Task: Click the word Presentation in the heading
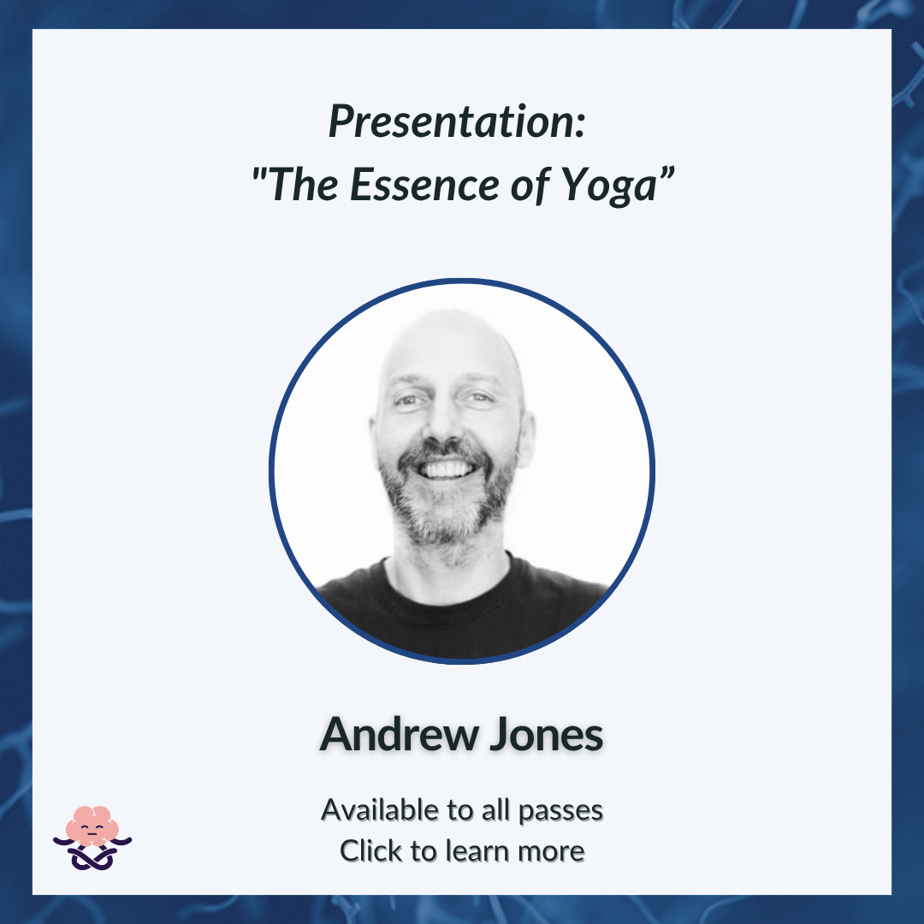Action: click(x=452, y=122)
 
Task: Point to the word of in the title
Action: click(x=531, y=185)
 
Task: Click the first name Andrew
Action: click(x=400, y=734)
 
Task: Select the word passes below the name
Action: click(x=560, y=812)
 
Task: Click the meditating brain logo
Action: click(x=92, y=838)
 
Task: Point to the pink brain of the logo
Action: click(x=92, y=825)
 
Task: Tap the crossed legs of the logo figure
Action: click(x=92, y=858)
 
